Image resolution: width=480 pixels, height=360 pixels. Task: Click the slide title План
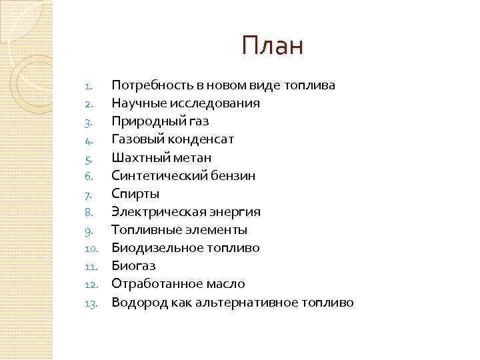[x=272, y=46]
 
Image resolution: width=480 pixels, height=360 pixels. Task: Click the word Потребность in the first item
[x=147, y=85]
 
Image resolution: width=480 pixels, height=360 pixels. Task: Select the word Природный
[x=143, y=121]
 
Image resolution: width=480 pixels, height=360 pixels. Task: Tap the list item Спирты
[x=135, y=193]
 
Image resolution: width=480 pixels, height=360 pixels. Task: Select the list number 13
[x=92, y=303]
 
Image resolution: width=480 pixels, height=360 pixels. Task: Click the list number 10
[x=92, y=249]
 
